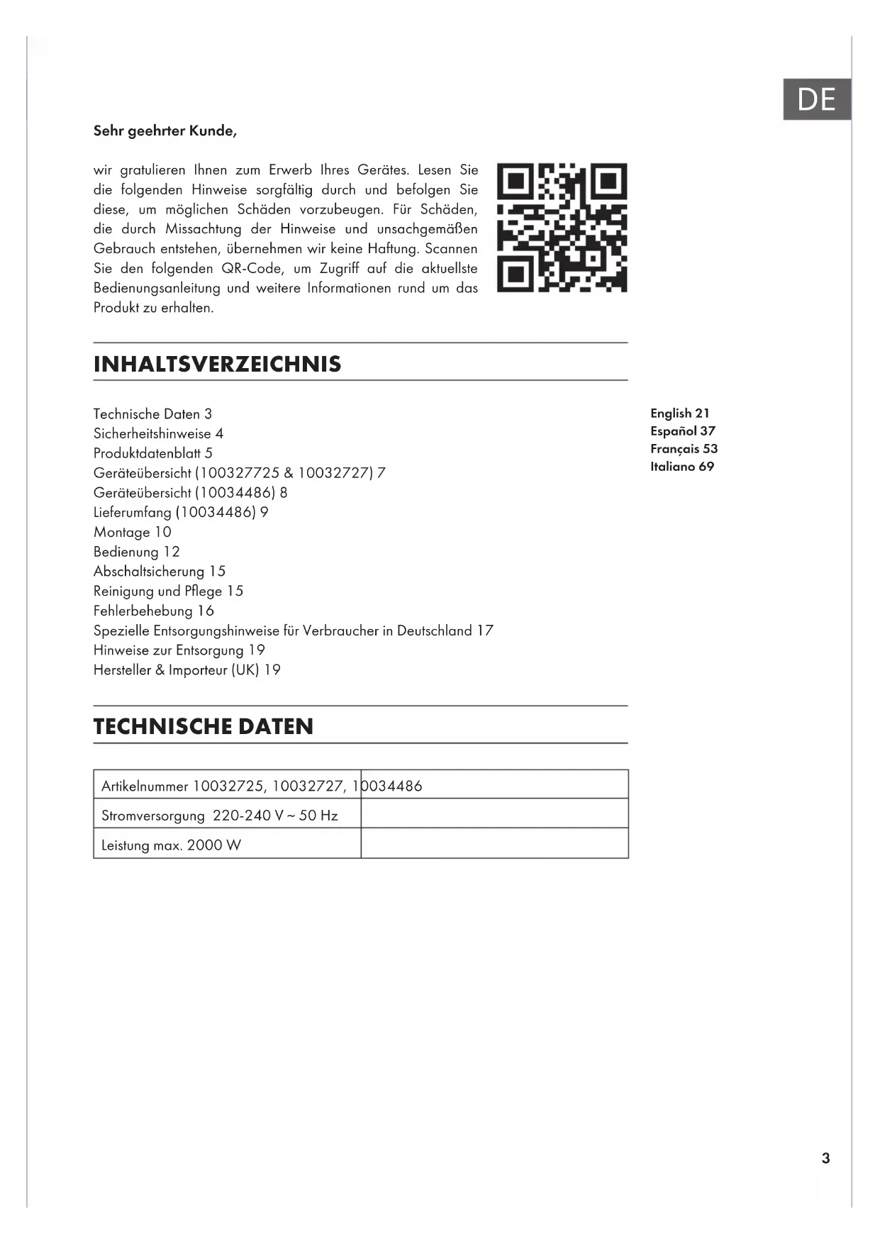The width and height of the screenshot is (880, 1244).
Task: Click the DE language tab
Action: tap(816, 99)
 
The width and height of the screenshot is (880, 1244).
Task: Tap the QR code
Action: tap(562, 228)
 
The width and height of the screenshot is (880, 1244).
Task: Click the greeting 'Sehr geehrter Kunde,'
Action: tap(165, 130)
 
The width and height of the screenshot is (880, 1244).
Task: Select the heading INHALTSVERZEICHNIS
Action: tap(217, 364)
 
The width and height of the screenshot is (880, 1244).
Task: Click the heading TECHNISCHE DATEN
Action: tap(203, 726)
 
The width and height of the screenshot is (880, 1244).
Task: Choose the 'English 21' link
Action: tap(679, 413)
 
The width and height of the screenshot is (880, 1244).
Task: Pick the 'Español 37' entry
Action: tap(682, 431)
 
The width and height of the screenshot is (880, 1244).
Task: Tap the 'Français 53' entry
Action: tap(684, 448)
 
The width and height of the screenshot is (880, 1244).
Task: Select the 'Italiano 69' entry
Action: tap(681, 466)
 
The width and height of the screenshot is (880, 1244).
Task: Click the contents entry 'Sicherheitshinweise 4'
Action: tap(158, 433)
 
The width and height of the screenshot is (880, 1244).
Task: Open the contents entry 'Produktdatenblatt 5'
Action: tap(152, 453)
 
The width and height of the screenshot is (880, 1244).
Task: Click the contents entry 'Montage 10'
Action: tap(132, 532)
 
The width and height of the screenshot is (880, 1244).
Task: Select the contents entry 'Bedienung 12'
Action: tap(136, 552)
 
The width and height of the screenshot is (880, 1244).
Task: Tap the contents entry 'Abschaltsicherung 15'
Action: tap(159, 571)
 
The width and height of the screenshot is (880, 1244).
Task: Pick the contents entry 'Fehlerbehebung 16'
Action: tap(153, 611)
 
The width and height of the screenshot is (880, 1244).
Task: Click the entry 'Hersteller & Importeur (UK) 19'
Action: tap(186, 670)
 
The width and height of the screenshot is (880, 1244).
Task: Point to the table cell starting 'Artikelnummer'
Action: tap(227, 786)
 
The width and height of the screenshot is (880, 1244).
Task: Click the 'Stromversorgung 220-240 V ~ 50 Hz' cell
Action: tap(220, 815)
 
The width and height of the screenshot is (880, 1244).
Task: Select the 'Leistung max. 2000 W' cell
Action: tap(171, 845)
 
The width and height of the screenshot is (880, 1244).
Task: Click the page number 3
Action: tap(825, 1158)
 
